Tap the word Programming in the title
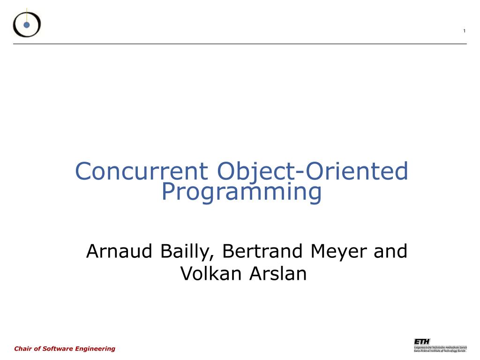click(241, 192)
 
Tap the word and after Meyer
click(390, 252)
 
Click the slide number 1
click(464, 31)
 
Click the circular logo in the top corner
click(27, 23)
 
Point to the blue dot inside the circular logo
click(27, 25)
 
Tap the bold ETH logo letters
click(421, 341)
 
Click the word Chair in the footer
click(23, 348)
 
